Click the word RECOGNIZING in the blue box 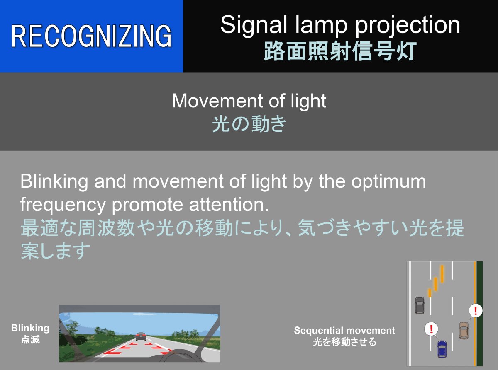point(91,36)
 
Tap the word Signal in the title point(254,25)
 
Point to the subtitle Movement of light point(249,101)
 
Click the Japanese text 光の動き point(249,123)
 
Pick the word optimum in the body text point(388,182)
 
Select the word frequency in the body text point(63,205)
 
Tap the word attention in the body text point(229,205)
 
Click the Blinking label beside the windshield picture point(30,329)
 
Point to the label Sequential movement point(344,330)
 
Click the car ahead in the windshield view point(141,336)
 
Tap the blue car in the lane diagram point(442,349)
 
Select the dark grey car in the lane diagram point(420,305)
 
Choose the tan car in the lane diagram point(464,331)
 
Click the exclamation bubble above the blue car point(431,329)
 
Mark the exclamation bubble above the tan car point(476,311)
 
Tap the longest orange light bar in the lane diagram point(442,274)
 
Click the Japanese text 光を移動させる point(344,342)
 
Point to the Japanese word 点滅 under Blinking point(30,339)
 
